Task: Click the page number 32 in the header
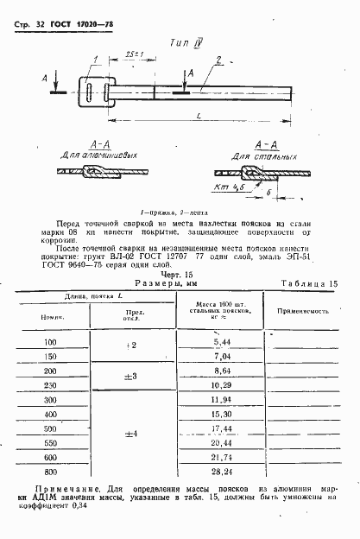(34, 17)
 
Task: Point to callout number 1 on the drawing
(96, 58)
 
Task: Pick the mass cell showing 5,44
(222, 343)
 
